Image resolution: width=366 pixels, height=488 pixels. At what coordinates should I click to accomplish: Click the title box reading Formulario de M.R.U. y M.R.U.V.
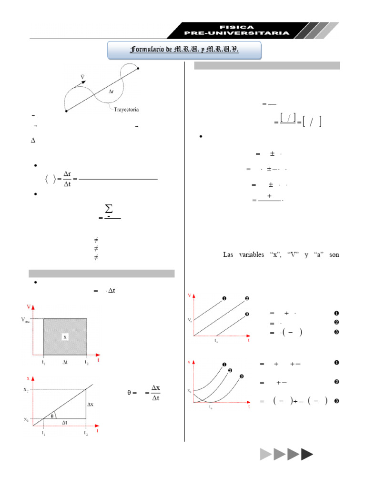tap(184, 50)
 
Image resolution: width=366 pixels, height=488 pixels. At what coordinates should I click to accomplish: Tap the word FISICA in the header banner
tap(237, 27)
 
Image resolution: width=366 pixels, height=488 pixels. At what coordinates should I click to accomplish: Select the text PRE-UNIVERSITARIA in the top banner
tap(237, 33)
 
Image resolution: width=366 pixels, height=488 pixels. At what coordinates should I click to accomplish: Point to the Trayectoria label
tap(126, 109)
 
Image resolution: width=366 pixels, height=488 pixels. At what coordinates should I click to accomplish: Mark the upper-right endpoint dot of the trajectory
tap(138, 69)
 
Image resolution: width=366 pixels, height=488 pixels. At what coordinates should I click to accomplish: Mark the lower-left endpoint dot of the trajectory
tap(66, 111)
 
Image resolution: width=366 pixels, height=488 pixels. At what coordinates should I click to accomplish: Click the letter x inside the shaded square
tap(65, 336)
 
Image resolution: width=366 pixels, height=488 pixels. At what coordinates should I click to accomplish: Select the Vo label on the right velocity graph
tap(190, 319)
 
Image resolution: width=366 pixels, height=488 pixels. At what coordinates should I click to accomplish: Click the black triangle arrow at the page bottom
tap(307, 454)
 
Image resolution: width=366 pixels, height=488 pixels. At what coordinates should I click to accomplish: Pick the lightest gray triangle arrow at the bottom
tap(265, 454)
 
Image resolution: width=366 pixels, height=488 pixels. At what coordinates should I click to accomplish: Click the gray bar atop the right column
tap(267, 65)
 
